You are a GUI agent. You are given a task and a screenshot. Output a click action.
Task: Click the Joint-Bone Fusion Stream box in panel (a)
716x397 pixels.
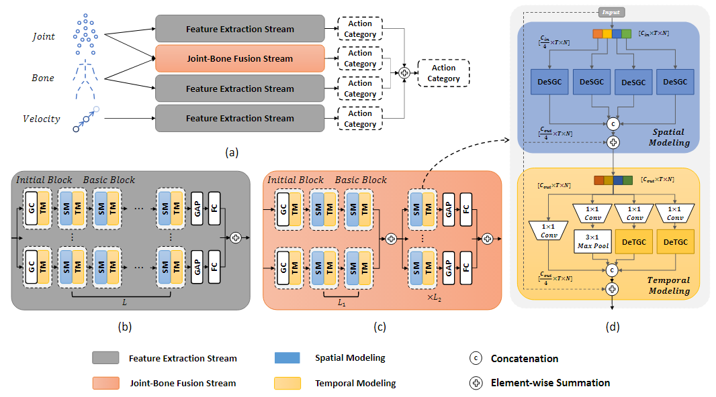pyautogui.click(x=240, y=58)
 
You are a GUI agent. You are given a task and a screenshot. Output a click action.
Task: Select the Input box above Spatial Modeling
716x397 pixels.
pyautogui.click(x=611, y=12)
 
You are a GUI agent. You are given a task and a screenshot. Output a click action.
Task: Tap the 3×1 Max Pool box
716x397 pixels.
pyautogui.click(x=592, y=241)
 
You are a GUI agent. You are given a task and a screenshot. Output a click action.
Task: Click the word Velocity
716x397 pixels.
pyautogui.click(x=42, y=119)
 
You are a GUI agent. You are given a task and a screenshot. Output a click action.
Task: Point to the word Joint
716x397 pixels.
pyautogui.click(x=44, y=36)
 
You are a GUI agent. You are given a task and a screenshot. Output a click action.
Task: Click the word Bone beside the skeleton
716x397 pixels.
pyautogui.click(x=43, y=78)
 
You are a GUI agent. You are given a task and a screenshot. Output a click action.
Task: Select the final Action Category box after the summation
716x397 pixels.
pyautogui.click(x=443, y=73)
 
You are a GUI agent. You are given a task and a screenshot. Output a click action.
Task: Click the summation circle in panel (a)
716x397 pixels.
pyautogui.click(x=404, y=73)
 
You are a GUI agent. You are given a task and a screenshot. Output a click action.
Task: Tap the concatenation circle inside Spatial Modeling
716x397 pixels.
pyautogui.click(x=613, y=123)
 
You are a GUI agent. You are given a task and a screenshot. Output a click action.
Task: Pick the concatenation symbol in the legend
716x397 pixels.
pyautogui.click(x=476, y=358)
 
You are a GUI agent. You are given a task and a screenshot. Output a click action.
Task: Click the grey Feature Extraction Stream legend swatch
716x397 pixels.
pyautogui.click(x=105, y=358)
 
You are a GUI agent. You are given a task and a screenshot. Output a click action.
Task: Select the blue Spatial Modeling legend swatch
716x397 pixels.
pyautogui.click(x=287, y=358)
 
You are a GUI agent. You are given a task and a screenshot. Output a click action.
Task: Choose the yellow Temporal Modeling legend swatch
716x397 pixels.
pyautogui.click(x=287, y=383)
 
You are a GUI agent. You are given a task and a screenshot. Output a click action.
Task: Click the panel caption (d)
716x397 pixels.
pyautogui.click(x=613, y=327)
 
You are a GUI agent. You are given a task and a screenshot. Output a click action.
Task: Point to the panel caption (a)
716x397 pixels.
pyautogui.click(x=232, y=153)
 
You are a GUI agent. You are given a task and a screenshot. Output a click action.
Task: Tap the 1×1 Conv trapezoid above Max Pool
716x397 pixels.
pyautogui.click(x=592, y=213)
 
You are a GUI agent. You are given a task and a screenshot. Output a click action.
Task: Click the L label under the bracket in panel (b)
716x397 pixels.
pyautogui.click(x=124, y=302)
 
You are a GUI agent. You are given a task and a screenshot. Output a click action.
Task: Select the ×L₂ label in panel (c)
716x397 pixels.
pyautogui.click(x=435, y=298)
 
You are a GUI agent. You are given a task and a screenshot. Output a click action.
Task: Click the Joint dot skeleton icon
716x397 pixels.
pyautogui.click(x=85, y=34)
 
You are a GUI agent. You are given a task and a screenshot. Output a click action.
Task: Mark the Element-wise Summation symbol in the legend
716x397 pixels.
pyautogui.click(x=476, y=383)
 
